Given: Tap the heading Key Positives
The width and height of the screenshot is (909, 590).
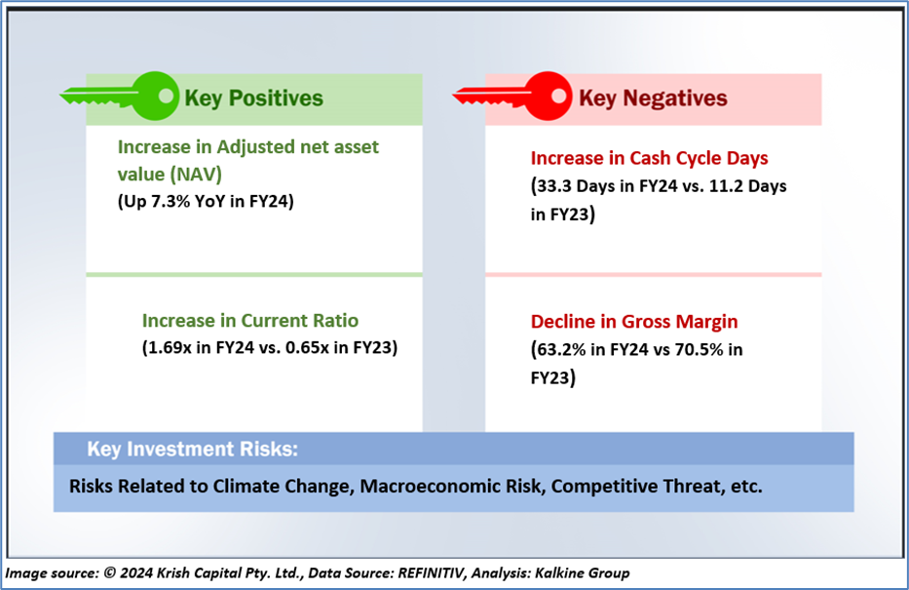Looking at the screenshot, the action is click(254, 98).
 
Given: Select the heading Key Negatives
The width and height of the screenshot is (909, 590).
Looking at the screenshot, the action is click(653, 98).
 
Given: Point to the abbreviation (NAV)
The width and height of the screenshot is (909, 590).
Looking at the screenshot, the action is click(197, 174).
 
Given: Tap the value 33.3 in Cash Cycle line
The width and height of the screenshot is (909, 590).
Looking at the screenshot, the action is click(554, 186).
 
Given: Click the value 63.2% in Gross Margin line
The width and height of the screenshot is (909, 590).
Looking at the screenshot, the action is click(561, 350).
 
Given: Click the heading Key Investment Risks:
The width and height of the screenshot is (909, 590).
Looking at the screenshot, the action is click(193, 449).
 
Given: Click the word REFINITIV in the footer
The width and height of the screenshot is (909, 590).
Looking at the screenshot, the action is click(431, 573).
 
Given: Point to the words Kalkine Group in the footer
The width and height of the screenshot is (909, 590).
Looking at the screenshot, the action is click(582, 573).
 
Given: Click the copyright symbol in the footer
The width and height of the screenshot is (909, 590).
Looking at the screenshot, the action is click(109, 573).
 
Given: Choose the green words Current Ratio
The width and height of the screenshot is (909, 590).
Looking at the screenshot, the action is click(300, 321).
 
